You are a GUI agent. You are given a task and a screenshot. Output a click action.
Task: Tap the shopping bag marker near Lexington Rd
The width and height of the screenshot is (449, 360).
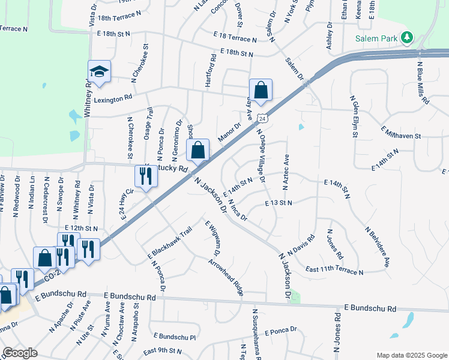pyautogui.click(x=261, y=91)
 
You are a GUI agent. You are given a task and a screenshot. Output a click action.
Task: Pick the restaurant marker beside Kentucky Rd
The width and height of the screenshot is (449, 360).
pyautogui.click(x=145, y=176)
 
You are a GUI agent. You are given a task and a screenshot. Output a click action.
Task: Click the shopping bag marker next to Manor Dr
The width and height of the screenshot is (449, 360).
pyautogui.click(x=198, y=151)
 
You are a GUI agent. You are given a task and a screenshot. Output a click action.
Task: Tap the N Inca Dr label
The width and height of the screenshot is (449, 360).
pyautogui.click(x=238, y=210)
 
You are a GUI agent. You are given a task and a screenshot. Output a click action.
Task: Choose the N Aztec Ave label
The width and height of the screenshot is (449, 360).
pyautogui.click(x=287, y=169)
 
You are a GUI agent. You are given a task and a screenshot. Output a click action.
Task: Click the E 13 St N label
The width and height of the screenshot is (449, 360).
pyautogui.click(x=278, y=203)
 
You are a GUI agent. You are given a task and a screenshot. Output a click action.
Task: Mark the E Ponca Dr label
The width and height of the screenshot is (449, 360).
pyautogui.click(x=276, y=330)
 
